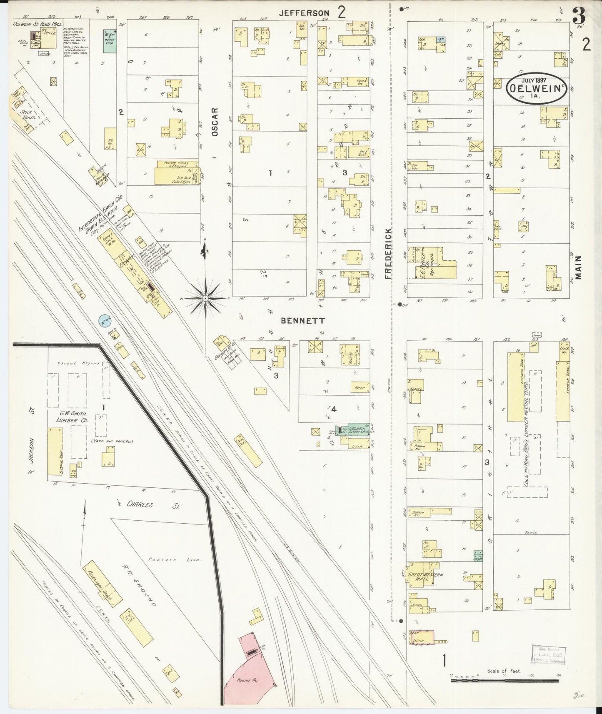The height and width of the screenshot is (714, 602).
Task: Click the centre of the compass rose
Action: [x=206, y=299]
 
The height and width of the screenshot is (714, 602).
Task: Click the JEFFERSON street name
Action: [x=304, y=13]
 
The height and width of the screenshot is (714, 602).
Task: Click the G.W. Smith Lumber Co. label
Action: [x=72, y=417]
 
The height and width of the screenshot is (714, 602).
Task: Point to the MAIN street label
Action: [x=580, y=267]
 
